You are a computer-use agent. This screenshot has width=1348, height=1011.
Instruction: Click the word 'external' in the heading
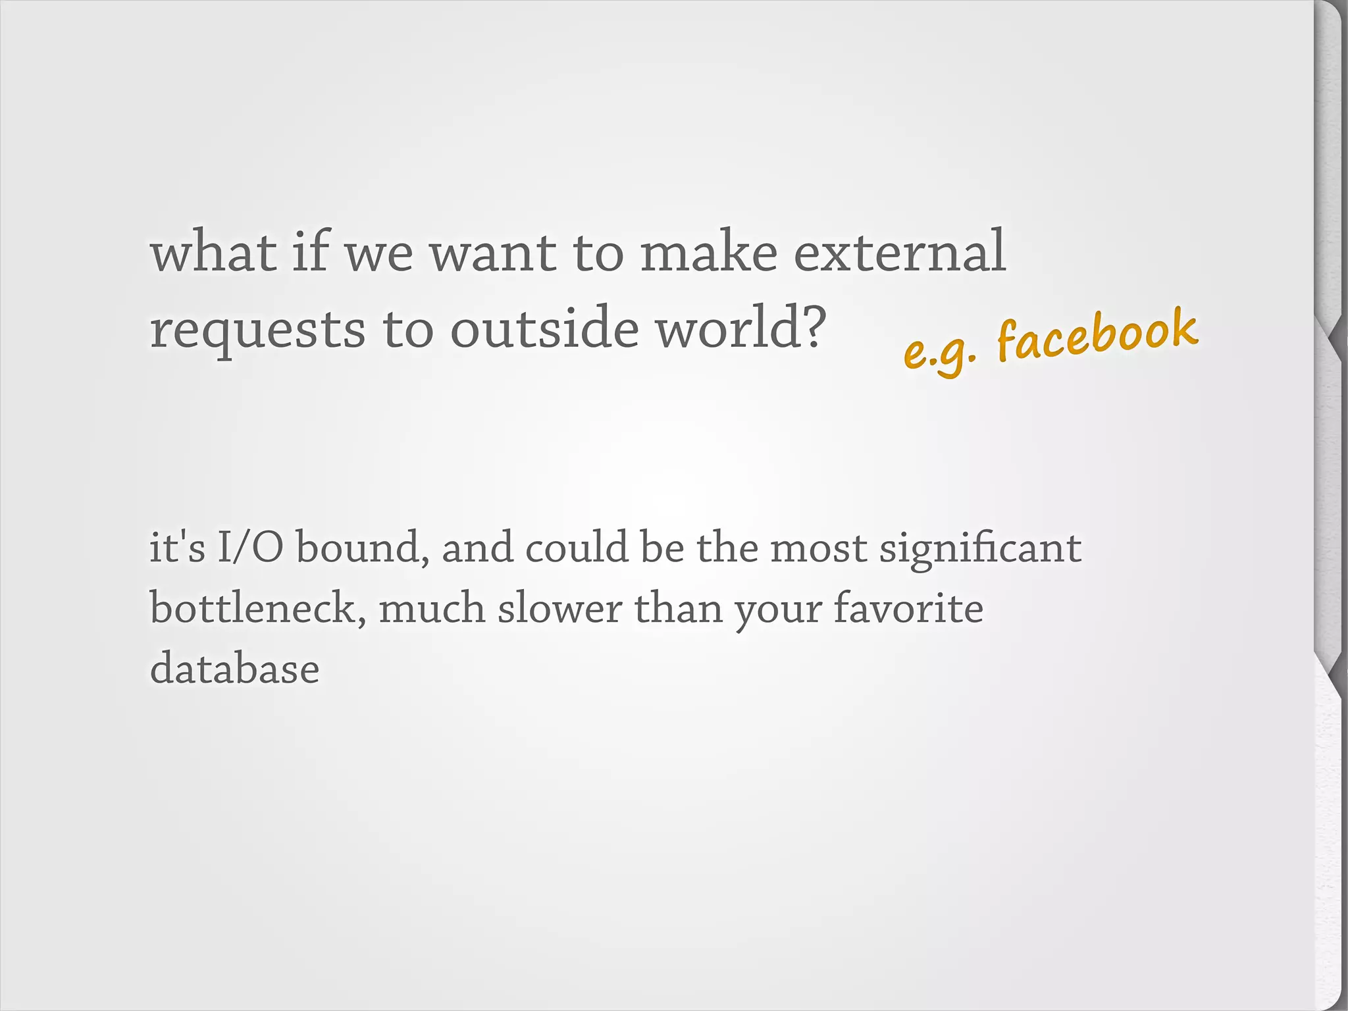[x=899, y=252]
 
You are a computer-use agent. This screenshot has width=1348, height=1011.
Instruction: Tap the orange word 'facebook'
[x=1097, y=336]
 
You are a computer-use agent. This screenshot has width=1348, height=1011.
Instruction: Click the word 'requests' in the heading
[x=257, y=330]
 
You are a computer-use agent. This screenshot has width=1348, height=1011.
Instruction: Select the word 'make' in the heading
[x=709, y=252]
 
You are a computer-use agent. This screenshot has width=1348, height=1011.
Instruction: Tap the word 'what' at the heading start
[x=213, y=252]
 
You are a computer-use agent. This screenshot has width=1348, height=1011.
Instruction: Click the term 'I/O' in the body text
[x=250, y=547]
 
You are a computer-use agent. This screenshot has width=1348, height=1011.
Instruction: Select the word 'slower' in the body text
[x=559, y=609]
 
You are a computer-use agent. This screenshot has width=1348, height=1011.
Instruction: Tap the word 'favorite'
[x=908, y=608]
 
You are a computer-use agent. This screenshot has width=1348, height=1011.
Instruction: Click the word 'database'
[x=234, y=669]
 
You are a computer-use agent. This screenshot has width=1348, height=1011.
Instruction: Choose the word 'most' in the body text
[x=818, y=548]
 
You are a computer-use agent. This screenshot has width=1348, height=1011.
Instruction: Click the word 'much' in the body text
[x=432, y=608]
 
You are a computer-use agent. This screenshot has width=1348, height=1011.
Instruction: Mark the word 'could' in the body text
[x=577, y=547]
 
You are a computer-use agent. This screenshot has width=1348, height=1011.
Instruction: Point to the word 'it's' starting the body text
[x=177, y=547]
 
